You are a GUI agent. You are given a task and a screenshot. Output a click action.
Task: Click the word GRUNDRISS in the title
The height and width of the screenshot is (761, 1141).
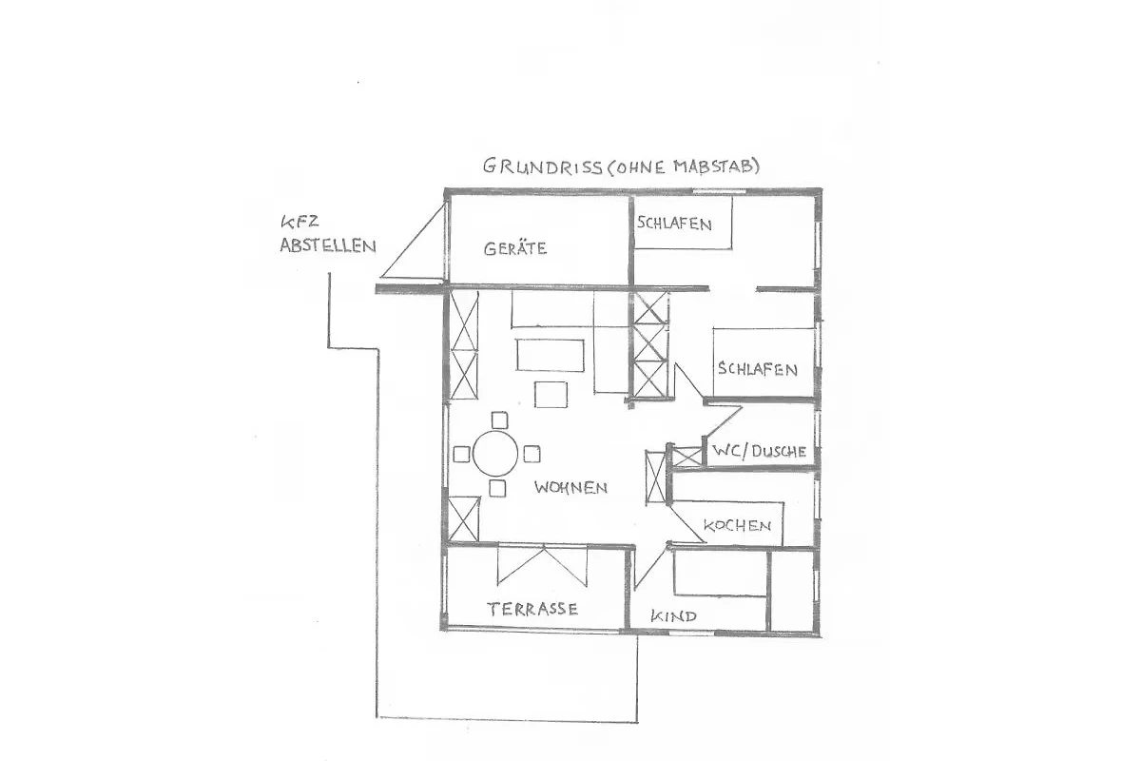(x=543, y=166)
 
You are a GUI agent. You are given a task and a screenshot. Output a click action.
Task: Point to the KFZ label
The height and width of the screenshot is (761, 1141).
(x=300, y=223)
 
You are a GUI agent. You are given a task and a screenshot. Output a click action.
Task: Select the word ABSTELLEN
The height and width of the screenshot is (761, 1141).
(x=328, y=245)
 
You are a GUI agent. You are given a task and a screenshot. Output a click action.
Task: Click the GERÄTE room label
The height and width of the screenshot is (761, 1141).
(x=515, y=248)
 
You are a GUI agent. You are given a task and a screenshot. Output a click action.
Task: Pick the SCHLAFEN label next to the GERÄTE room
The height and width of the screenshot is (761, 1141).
(x=674, y=224)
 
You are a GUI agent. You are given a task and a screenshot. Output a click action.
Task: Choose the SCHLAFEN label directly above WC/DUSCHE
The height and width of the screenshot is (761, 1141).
(x=758, y=368)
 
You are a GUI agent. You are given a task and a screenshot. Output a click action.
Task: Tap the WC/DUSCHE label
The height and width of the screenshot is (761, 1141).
(x=759, y=451)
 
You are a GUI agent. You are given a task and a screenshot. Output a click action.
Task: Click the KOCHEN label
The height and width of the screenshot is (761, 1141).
(x=737, y=525)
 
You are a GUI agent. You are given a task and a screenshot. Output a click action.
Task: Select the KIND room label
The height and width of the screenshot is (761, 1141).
(x=673, y=616)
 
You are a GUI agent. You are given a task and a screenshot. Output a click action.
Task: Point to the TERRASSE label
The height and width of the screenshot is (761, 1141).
(x=532, y=609)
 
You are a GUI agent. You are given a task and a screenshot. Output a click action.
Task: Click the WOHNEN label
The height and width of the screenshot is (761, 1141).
(x=570, y=488)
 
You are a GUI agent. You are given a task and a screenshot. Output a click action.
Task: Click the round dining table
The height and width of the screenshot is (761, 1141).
(x=495, y=454)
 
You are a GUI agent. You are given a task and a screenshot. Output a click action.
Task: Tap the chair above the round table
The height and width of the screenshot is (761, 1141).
(x=500, y=420)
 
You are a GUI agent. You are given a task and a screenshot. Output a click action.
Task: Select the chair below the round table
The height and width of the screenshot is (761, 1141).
(x=497, y=488)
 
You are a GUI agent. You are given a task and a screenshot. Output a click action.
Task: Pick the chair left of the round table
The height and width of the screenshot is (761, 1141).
(x=461, y=454)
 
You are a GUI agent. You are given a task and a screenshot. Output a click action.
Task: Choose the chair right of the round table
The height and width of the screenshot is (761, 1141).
(x=532, y=454)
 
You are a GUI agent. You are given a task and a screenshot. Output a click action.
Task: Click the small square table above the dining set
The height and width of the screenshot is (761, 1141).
(x=551, y=395)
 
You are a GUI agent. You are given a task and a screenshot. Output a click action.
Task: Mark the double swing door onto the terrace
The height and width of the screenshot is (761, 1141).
(x=543, y=565)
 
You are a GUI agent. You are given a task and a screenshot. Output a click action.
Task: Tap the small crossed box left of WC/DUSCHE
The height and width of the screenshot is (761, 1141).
(x=687, y=457)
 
